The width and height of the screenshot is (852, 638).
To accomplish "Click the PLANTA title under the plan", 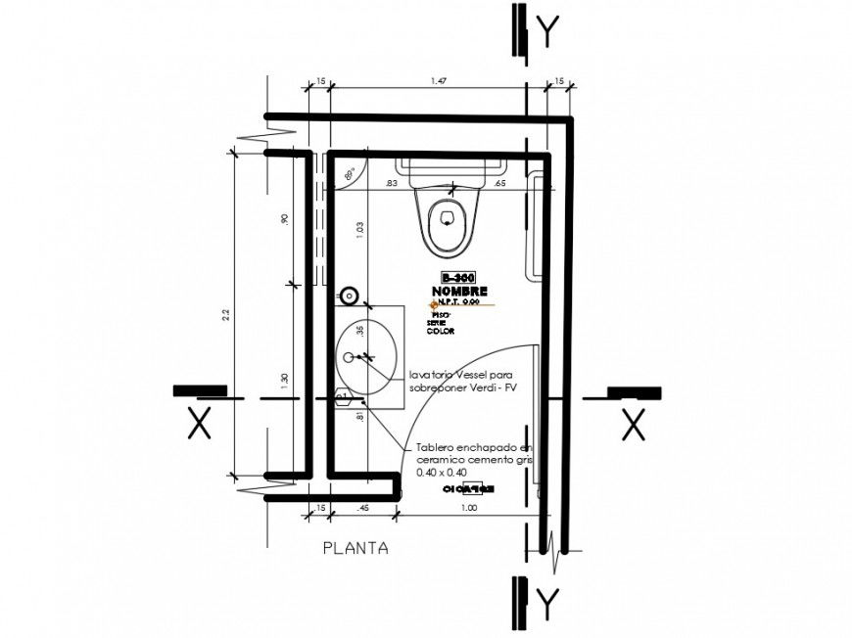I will [x=355, y=549].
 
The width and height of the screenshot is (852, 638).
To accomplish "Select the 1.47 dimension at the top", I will [x=438, y=82].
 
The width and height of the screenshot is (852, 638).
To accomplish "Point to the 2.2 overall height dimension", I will [x=225, y=314].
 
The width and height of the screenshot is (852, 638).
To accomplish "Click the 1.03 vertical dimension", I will [x=359, y=231].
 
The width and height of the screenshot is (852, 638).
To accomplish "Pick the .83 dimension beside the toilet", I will [x=391, y=183].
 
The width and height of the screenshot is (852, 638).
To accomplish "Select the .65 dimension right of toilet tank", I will [x=498, y=183].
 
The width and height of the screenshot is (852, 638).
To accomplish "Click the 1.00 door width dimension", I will [x=469, y=509].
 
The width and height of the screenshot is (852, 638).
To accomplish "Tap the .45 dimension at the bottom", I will [x=362, y=509].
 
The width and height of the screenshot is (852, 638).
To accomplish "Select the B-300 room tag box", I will [x=458, y=279].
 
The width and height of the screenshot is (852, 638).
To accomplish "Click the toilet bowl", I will [x=447, y=221].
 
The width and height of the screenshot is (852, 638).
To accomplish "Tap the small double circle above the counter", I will [x=349, y=296].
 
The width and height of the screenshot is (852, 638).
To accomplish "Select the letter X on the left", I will [x=200, y=424].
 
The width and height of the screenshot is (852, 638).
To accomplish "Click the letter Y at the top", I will [x=550, y=31].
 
